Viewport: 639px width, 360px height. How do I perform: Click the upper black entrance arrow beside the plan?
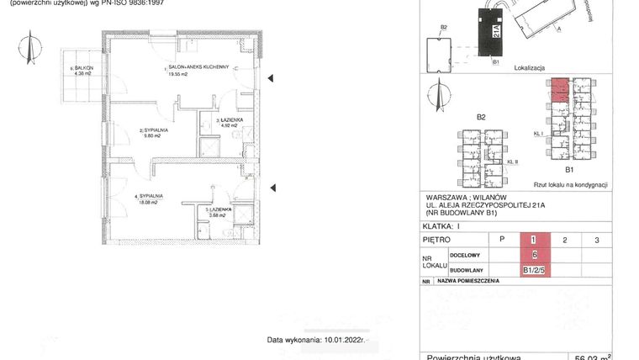pos(271,79)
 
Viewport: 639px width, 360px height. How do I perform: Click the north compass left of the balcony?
pos(30,50)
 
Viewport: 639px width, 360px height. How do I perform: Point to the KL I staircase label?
pos(539,133)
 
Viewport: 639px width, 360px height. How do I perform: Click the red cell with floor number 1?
pos(534,240)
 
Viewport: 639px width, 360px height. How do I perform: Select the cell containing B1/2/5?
pos(534,271)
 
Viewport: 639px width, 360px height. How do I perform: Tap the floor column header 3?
pos(596,240)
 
